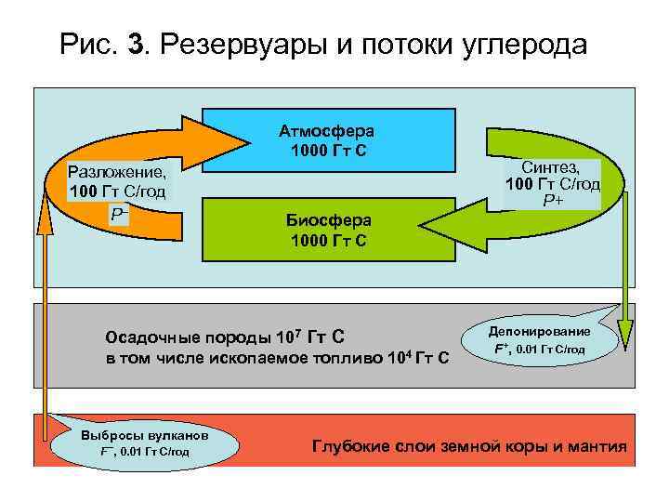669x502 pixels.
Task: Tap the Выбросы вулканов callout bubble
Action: coord(143,443)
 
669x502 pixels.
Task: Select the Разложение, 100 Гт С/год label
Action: coord(118,182)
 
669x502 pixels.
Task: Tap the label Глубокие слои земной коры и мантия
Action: coord(470,447)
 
